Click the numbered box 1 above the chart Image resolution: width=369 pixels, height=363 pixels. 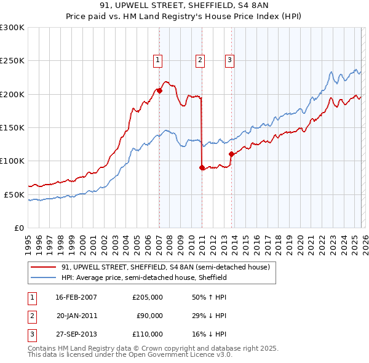[x=158, y=60]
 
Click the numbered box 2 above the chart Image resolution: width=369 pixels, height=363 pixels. [x=200, y=60]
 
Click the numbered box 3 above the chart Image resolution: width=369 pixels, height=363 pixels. [x=229, y=60]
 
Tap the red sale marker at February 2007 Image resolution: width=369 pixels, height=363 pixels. [x=159, y=90]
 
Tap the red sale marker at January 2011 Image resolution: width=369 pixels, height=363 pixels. [x=202, y=167]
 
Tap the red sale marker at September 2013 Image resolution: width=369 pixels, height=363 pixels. [x=231, y=154]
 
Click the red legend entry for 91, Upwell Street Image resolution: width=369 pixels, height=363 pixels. [x=165, y=267]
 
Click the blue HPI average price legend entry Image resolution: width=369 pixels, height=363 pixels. [x=145, y=277]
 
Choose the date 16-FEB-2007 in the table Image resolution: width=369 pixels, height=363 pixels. [x=76, y=297]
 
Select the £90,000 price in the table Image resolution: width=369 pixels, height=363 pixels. [x=150, y=316]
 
